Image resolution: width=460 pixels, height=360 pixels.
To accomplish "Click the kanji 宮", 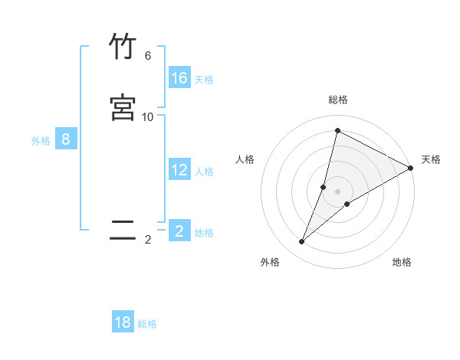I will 123,107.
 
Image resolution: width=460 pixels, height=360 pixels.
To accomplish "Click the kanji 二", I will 123,230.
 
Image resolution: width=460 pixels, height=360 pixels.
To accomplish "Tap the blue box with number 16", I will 179,77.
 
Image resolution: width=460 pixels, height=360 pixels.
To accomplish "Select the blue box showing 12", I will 179,170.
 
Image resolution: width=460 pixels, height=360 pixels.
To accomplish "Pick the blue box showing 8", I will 66,139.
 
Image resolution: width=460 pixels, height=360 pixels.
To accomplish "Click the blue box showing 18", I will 123,322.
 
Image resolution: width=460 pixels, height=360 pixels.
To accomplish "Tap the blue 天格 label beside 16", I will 204,79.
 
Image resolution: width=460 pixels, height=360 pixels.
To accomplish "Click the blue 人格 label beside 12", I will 204,172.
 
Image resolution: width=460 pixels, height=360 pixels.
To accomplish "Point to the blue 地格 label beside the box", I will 204,233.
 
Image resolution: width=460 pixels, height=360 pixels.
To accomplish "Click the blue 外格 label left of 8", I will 41,141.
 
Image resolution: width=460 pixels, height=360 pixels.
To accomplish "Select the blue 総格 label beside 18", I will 147,324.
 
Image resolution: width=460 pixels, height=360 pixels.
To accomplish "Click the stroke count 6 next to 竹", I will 148,56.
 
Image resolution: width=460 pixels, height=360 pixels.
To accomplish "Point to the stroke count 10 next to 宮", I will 148,116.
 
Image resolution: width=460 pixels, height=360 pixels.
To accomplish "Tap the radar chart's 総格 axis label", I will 338,100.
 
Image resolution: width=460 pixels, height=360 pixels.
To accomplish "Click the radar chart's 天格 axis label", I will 431,159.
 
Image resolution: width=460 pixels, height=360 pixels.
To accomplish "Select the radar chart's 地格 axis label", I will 402,262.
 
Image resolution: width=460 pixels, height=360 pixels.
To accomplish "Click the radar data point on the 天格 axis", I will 411,168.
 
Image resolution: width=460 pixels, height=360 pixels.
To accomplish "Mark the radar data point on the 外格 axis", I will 302,242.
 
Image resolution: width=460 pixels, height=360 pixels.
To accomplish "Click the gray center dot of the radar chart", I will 338,191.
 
